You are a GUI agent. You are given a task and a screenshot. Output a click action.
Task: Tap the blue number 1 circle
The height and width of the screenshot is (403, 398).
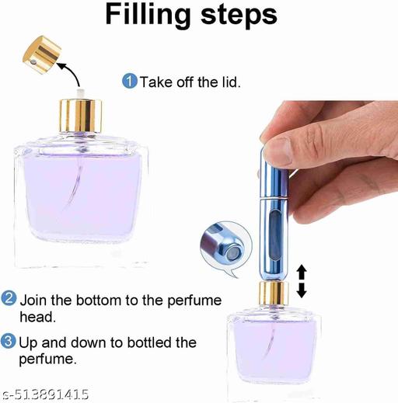point(130,81)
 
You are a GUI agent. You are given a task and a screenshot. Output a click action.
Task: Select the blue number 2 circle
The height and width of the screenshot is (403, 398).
point(9,298)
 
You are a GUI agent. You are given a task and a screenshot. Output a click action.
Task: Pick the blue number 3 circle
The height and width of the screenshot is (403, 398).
point(9,342)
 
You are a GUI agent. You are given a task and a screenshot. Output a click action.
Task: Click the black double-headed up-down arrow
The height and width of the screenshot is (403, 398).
point(302,281)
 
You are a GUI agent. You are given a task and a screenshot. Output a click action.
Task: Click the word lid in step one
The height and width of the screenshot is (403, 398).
point(223,81)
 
